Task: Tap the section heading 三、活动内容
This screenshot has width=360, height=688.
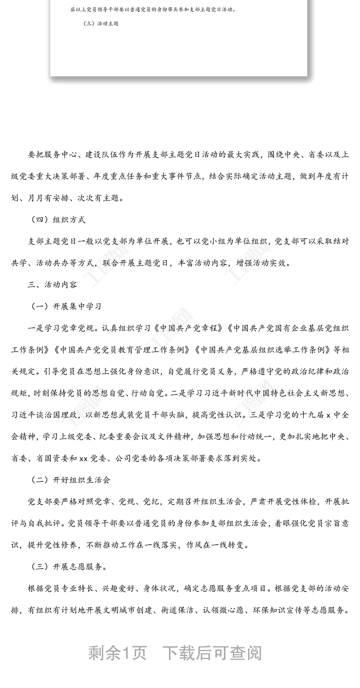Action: (x=52, y=285)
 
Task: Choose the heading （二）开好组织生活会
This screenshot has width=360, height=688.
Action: (x=71, y=480)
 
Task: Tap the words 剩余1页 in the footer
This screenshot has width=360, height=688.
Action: (x=117, y=653)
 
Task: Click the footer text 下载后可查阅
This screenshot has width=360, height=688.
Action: (x=211, y=653)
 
